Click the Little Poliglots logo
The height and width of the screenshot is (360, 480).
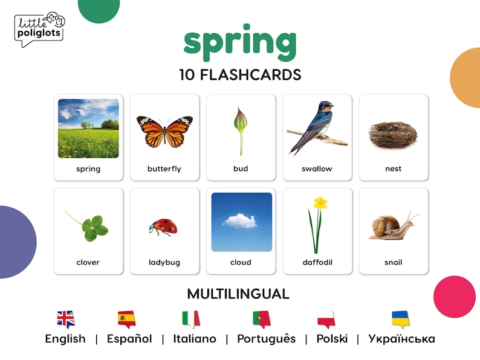pos(39,29)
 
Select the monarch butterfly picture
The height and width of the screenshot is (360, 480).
pos(164,130)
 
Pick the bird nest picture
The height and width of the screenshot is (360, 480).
pos(393,132)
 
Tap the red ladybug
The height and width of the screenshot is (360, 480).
pos(163,227)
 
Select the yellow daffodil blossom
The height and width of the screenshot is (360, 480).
pos(320,203)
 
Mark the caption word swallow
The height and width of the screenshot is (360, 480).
pos(317,169)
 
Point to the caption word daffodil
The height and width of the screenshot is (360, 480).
pos(317,263)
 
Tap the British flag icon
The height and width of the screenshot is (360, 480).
pos(65,318)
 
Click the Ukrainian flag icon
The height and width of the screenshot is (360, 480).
pos(400,318)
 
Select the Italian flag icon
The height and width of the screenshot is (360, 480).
pos(190,318)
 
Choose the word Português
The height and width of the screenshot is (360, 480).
pos(266,339)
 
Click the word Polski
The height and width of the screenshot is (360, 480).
pos(332,339)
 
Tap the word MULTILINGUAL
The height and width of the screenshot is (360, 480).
pos(238,294)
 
